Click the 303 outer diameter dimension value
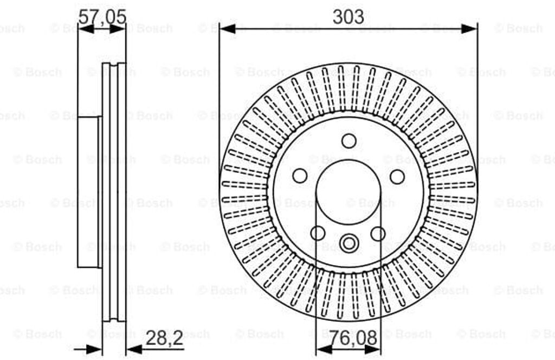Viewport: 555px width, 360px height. coord(348,17)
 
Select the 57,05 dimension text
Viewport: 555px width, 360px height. coord(102,17)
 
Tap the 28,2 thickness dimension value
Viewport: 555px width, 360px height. coord(164,338)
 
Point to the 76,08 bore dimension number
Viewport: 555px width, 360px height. coord(353,338)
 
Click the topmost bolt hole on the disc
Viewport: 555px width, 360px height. coord(349,141)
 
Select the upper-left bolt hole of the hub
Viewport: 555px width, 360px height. coord(300,176)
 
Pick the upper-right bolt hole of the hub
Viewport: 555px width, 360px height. coord(397,176)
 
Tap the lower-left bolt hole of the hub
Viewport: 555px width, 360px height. coord(318,233)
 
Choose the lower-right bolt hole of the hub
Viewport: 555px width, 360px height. coord(378,234)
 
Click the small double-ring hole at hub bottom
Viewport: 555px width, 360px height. coord(349,243)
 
